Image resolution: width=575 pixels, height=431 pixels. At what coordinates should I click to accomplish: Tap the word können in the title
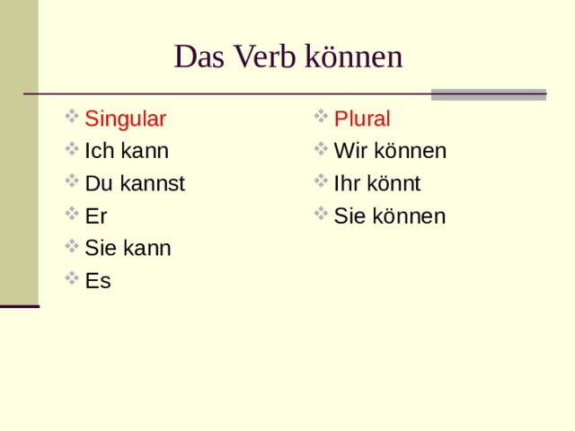pyautogui.click(x=353, y=57)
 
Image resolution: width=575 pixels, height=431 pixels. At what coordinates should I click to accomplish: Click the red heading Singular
pyautogui.click(x=125, y=119)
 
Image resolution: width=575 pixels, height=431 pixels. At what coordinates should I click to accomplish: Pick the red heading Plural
pyautogui.click(x=361, y=119)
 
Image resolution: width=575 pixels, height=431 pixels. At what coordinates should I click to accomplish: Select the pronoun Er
pyautogui.click(x=96, y=216)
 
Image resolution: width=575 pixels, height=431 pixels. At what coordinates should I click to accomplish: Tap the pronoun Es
pyautogui.click(x=97, y=281)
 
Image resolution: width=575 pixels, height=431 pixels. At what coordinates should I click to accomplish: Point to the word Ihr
pyautogui.click(x=346, y=184)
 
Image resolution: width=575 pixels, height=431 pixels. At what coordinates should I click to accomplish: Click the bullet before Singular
pyautogui.click(x=72, y=118)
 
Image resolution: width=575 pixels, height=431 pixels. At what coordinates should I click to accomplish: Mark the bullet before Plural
pyautogui.click(x=321, y=118)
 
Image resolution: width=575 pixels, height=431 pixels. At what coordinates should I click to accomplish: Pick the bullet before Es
pyautogui.click(x=72, y=279)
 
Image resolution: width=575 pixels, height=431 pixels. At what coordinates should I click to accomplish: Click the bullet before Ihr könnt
pyautogui.click(x=321, y=182)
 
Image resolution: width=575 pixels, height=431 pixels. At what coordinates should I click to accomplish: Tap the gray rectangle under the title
pyautogui.click(x=488, y=94)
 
